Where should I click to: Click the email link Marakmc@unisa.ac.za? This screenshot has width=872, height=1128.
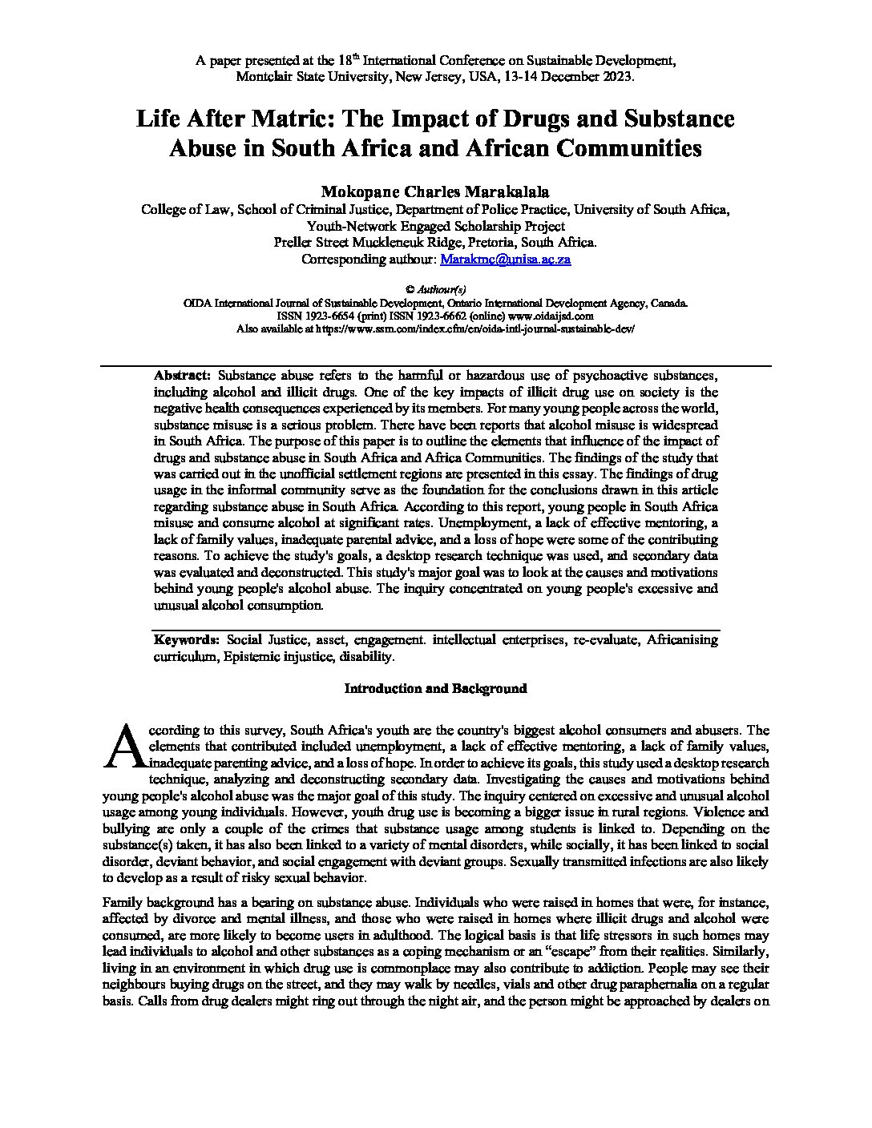point(506,260)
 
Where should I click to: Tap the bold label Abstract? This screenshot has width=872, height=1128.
point(182,375)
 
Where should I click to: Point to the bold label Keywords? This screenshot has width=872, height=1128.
point(186,639)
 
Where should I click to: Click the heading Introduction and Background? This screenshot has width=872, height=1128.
point(435,688)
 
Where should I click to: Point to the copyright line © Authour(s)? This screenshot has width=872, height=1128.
point(435,289)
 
